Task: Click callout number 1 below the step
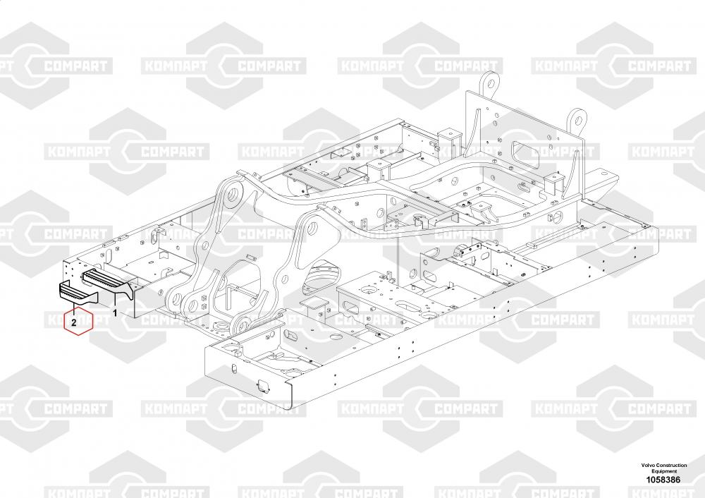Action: click(116, 311)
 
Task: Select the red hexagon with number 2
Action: click(74, 322)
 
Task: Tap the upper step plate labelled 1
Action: click(106, 278)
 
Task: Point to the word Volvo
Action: click(651, 466)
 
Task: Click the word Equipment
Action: click(665, 471)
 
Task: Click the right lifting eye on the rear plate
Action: click(578, 116)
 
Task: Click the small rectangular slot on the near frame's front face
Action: click(262, 384)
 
